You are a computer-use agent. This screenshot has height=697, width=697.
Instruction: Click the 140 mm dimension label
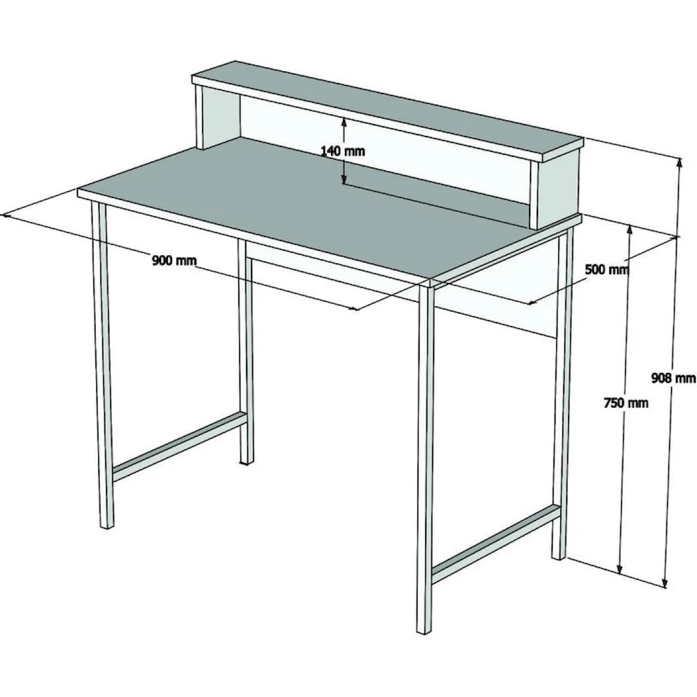[x=343, y=151]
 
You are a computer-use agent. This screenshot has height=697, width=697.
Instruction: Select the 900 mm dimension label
[x=174, y=260]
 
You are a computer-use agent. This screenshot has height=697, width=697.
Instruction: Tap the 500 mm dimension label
[x=607, y=269]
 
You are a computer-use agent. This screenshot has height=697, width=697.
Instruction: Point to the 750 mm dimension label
[x=626, y=403]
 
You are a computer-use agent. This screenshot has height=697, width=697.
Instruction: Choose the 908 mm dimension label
[x=673, y=378]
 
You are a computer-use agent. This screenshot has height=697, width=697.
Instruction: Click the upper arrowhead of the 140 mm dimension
[x=344, y=122]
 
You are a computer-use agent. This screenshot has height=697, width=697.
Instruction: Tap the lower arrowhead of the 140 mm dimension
[x=344, y=178]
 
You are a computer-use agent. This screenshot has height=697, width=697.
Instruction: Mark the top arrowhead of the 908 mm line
[x=679, y=162]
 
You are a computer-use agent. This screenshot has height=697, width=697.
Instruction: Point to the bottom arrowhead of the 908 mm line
[x=666, y=582]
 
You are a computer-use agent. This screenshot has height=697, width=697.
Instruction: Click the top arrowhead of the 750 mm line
[x=629, y=230]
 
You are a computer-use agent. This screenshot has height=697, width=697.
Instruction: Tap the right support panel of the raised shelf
[x=556, y=189]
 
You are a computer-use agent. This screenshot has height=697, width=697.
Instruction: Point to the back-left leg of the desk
[x=245, y=351]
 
